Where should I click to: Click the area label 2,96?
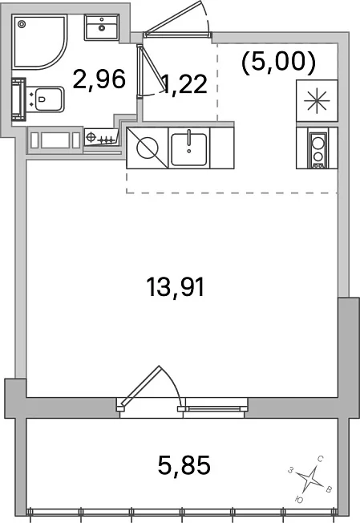99,79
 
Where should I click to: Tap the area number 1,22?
184,84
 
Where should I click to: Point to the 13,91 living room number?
176,287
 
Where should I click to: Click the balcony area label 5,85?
184,465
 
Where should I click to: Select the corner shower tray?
39,42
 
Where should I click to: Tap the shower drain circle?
22,24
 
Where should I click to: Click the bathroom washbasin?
102,27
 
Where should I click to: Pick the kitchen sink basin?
188,149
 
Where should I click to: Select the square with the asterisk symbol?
317,100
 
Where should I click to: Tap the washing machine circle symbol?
148,148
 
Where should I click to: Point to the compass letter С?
320,460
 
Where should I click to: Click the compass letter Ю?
299,499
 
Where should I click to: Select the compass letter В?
329,489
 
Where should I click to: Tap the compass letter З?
291,470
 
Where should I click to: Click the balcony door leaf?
141,385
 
